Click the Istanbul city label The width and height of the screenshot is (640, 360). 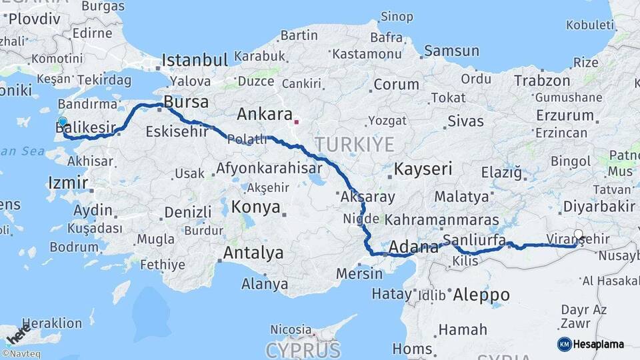[x=195, y=61]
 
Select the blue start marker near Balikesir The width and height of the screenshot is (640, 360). [x=63, y=122]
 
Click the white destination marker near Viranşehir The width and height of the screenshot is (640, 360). [x=579, y=235]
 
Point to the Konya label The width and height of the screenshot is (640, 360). [x=256, y=207]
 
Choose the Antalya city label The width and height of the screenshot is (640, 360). [x=253, y=253]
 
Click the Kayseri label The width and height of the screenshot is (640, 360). [x=423, y=169]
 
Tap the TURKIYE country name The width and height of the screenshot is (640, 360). [x=355, y=144]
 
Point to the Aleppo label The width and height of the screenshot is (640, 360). [x=481, y=295]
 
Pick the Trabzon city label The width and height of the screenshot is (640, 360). [x=542, y=81]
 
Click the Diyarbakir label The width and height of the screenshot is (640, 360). [x=599, y=205]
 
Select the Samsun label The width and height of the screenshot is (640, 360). [x=452, y=51]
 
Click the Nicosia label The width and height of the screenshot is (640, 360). [x=291, y=330]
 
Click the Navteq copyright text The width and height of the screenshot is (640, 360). [x=20, y=354]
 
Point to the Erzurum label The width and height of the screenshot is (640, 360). [x=565, y=115]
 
